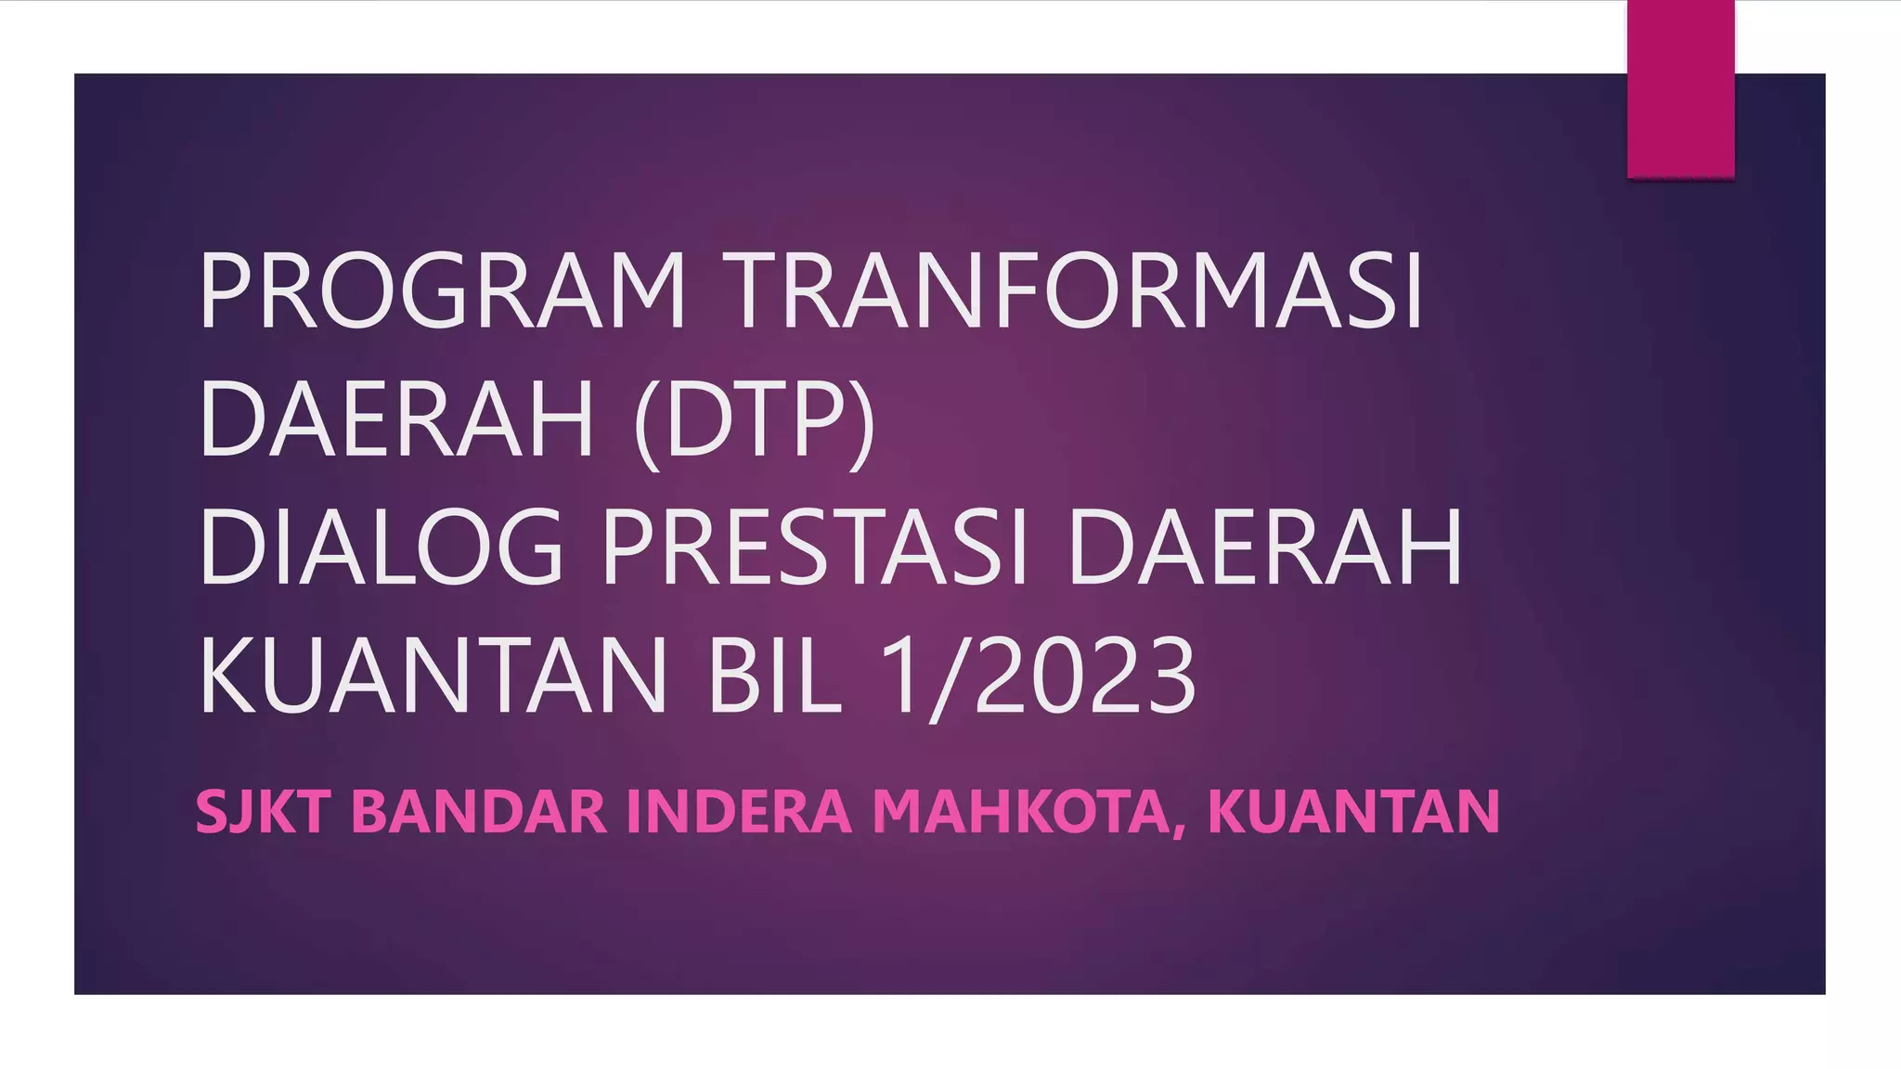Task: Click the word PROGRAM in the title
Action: [442, 290]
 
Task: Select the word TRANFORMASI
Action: [1072, 290]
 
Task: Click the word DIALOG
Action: [381, 547]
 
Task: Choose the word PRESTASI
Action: [815, 547]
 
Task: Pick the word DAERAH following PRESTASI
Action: [1265, 547]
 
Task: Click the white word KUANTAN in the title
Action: [433, 675]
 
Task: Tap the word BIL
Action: [774, 675]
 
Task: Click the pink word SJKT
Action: [263, 811]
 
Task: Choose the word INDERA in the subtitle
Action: [739, 811]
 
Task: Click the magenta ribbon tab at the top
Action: [1680, 88]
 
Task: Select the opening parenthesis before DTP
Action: [647, 423]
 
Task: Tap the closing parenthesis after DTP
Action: [862, 423]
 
